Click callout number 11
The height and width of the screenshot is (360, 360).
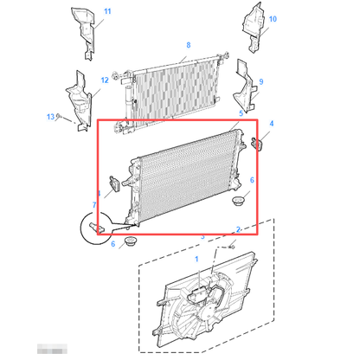107,11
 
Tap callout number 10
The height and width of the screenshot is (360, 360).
273,18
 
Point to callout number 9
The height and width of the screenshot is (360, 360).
260,81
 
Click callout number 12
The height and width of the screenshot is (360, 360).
104,80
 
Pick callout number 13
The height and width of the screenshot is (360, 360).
49,116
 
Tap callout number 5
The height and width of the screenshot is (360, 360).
241,113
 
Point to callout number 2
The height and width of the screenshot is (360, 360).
238,229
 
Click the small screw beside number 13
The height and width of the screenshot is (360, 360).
60,120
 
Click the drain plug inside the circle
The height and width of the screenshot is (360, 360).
96,228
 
